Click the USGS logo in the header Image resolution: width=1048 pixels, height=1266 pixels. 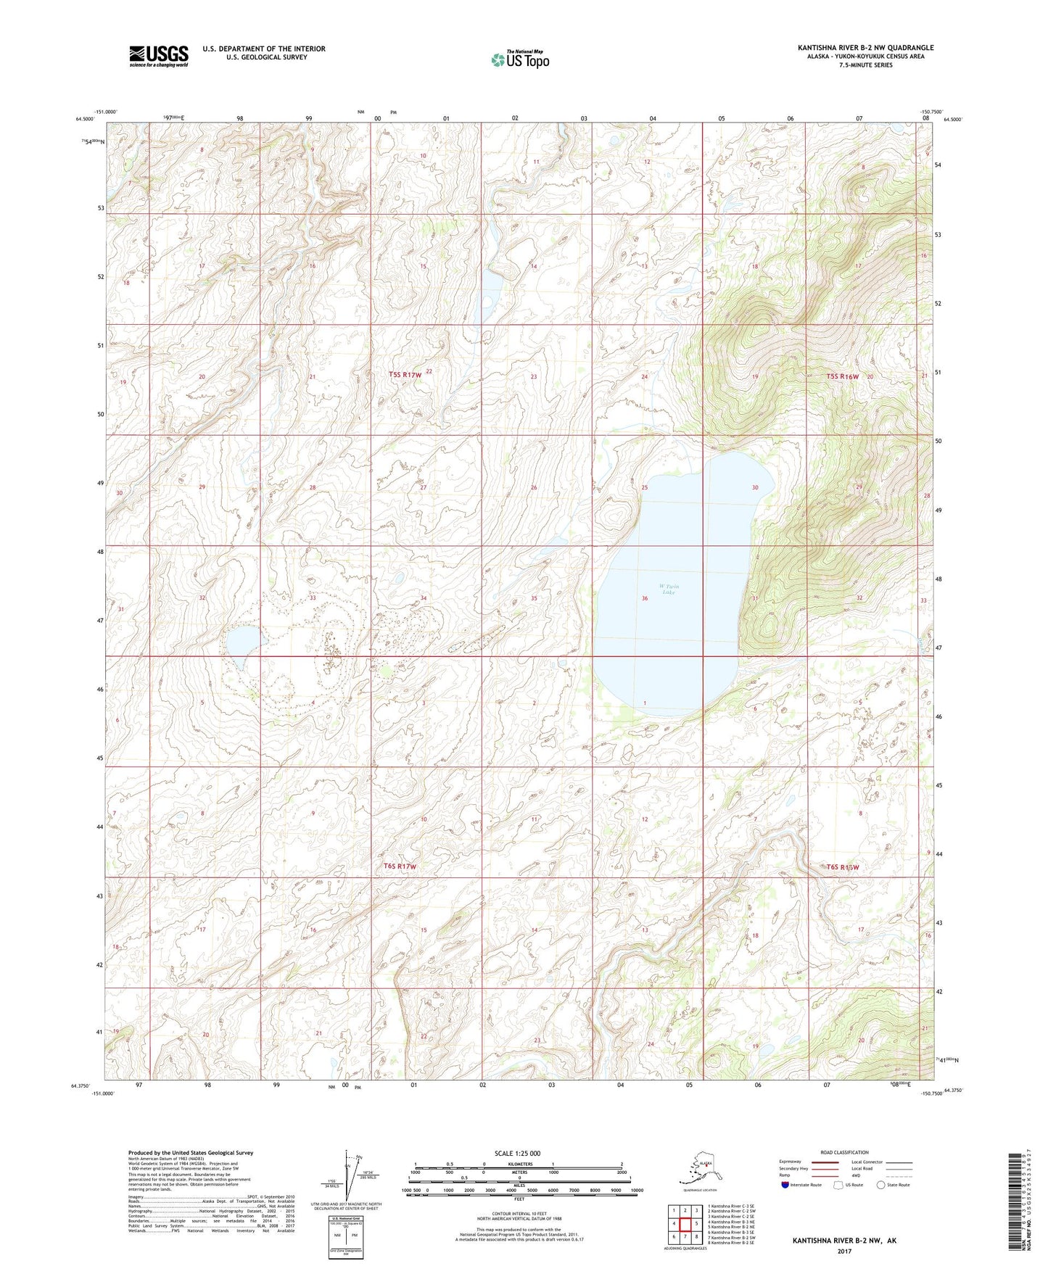(158, 56)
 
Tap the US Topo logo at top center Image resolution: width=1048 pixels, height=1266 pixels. (519, 59)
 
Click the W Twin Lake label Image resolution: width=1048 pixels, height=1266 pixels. (669, 589)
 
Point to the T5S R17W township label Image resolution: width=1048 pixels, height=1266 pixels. (405, 374)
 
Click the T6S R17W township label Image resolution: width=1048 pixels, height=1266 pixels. (400, 866)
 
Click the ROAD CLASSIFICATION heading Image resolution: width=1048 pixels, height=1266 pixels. (844, 1152)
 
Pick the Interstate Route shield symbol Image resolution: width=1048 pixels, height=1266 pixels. (785, 1185)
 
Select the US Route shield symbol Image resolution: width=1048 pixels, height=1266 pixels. (839, 1185)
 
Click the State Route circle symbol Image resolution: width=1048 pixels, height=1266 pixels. (881, 1185)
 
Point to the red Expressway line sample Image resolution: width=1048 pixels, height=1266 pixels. (825, 1162)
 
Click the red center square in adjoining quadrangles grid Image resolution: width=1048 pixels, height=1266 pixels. (685, 1223)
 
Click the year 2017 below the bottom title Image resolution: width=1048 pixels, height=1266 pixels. (844, 1251)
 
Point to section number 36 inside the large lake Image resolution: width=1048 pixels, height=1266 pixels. (644, 598)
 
